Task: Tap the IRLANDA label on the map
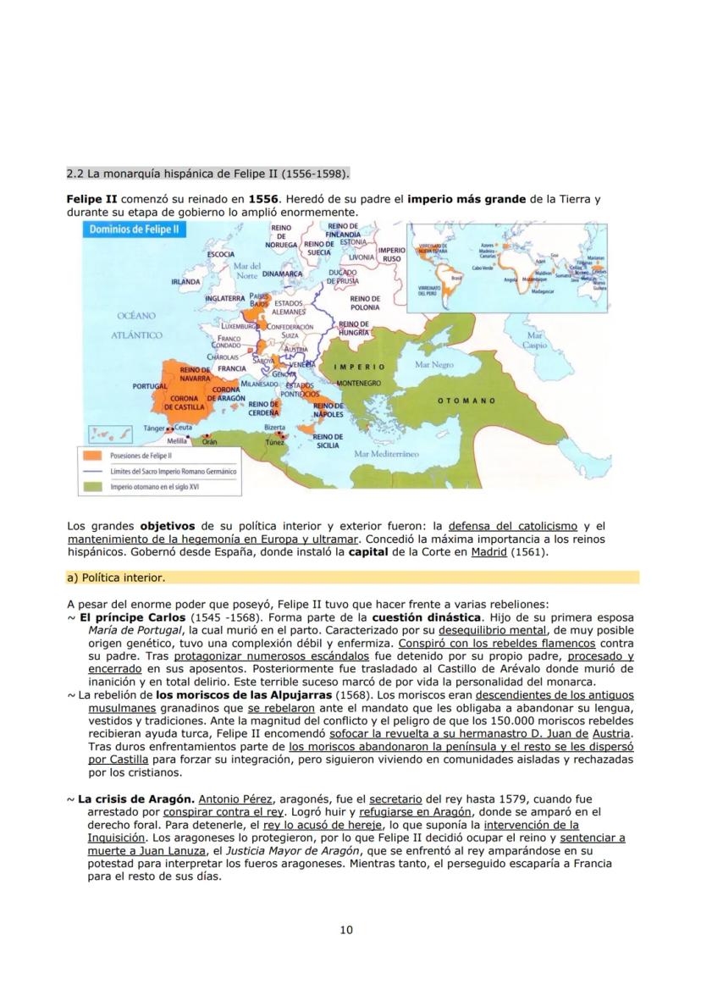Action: coord(186,281)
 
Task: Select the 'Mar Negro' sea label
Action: coord(434,364)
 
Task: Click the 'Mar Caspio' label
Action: coord(535,341)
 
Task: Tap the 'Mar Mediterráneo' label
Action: coord(387,454)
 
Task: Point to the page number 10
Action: coord(346,930)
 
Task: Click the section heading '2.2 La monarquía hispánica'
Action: coord(207,174)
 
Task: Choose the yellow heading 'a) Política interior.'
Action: coord(116,578)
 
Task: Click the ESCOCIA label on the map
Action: coord(221,253)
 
